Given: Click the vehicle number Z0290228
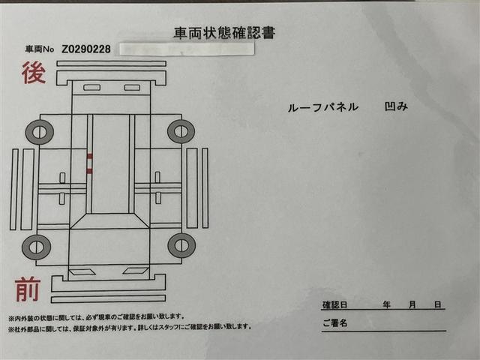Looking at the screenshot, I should [x=87, y=49].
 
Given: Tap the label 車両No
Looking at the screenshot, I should [x=39, y=49].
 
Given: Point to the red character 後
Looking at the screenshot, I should [x=33, y=74].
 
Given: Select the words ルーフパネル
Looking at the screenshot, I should [x=324, y=107].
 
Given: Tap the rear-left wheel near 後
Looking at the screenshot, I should [x=39, y=133].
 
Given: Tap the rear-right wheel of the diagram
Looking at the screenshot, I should [x=181, y=131].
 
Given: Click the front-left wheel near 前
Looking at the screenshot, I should [x=36, y=246].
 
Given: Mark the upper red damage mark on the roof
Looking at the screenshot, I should [x=89, y=156].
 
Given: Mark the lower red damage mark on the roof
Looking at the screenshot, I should [x=89, y=171].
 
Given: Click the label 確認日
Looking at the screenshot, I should [x=334, y=305].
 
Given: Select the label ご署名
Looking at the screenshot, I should [x=334, y=324].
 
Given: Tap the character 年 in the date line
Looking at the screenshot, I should [x=386, y=305].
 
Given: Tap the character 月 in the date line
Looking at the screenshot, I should [x=412, y=305].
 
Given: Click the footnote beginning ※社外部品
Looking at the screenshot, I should [x=129, y=328].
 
